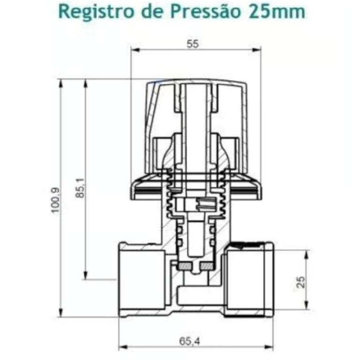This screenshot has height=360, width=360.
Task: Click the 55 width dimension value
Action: click(193, 44)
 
